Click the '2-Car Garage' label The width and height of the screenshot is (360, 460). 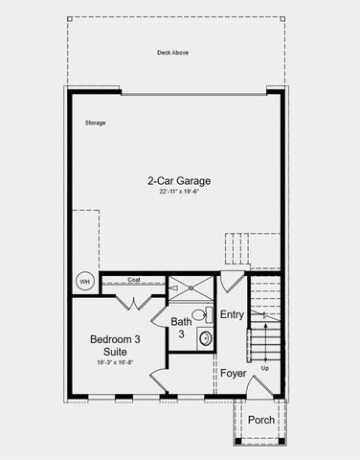tap(178, 180)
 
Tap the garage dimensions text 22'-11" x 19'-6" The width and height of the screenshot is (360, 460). tap(178, 192)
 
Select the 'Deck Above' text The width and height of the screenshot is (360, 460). tap(172, 54)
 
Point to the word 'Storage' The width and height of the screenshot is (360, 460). tap(94, 123)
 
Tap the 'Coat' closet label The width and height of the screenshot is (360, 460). tap(134, 280)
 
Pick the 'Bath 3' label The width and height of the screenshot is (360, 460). tap(182, 328)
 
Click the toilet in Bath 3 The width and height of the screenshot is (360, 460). tap(200, 314)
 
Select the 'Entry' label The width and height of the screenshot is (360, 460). tap(233, 315)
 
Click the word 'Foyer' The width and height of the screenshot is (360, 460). tap(233, 373)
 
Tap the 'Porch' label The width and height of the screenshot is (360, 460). tap(260, 420)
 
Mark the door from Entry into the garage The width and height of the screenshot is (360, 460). tap(232, 282)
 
